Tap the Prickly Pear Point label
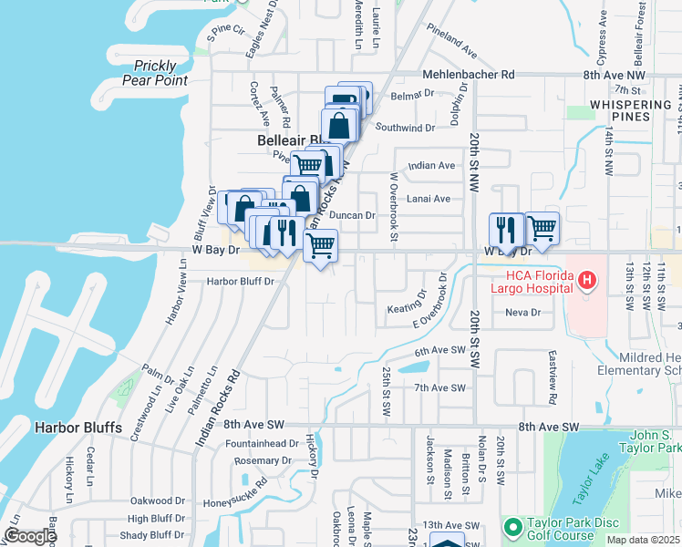point(160,73)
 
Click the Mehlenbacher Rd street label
point(469,75)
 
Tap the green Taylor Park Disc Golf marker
point(512,527)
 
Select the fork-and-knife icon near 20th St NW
point(505,229)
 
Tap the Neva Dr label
point(523,312)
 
